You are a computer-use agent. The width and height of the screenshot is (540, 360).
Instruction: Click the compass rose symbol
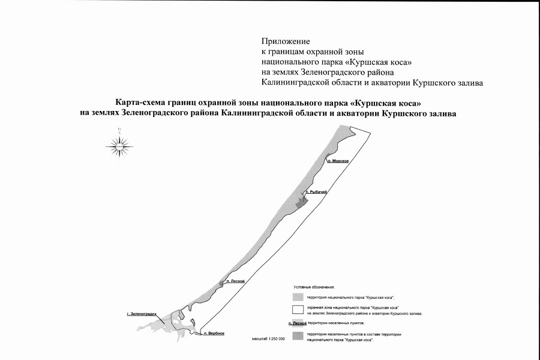click(119, 144)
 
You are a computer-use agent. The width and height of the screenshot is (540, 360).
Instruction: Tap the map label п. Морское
click(338, 161)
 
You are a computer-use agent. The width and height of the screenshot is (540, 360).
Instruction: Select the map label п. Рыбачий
click(316, 192)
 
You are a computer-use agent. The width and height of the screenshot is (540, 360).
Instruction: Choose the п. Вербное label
click(213, 333)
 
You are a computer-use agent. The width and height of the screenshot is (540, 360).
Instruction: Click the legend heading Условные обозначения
click(314, 288)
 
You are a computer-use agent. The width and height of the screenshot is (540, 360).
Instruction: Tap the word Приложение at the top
click(285, 41)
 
